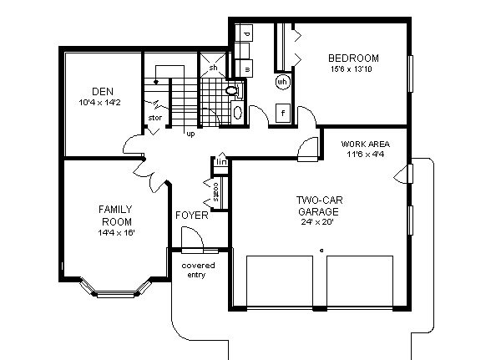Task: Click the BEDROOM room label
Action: coord(354,58)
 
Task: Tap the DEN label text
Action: coord(103,91)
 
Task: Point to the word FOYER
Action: coord(191,215)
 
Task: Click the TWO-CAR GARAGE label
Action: coord(320,205)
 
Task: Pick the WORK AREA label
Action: coord(366,143)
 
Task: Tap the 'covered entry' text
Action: coord(198,270)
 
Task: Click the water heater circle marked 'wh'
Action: coord(282,82)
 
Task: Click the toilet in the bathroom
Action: coord(231,89)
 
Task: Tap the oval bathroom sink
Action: coord(237,112)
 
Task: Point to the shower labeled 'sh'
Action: coord(213,67)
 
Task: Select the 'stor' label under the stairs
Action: coord(154,118)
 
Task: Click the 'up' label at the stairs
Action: coord(190,133)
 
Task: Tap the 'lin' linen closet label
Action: coord(221,161)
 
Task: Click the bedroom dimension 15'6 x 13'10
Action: coord(354,68)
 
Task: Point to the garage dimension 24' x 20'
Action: coord(320,223)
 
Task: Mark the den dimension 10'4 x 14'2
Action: coord(100,102)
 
